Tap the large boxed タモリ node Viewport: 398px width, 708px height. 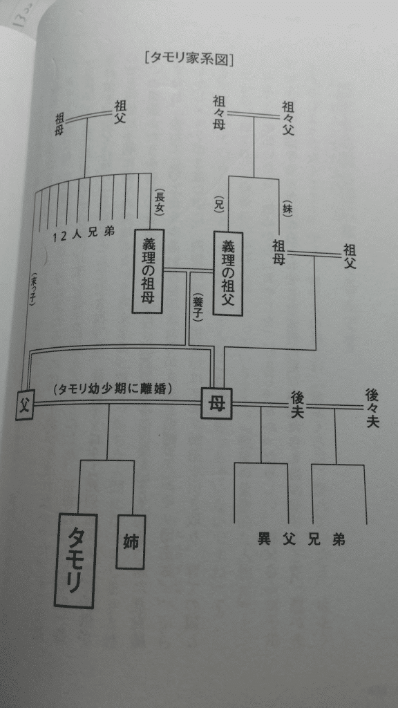click(x=75, y=560)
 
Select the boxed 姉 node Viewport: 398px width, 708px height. click(x=131, y=541)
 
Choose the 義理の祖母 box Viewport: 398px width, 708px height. click(x=148, y=271)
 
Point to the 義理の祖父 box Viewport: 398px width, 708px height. click(x=228, y=274)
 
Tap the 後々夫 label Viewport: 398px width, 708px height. click(x=372, y=408)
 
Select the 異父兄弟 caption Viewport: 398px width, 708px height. click(x=301, y=539)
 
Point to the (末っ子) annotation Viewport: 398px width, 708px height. click(x=33, y=290)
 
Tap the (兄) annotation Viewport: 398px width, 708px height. click(x=220, y=204)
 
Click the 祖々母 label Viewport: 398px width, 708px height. click(x=219, y=114)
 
